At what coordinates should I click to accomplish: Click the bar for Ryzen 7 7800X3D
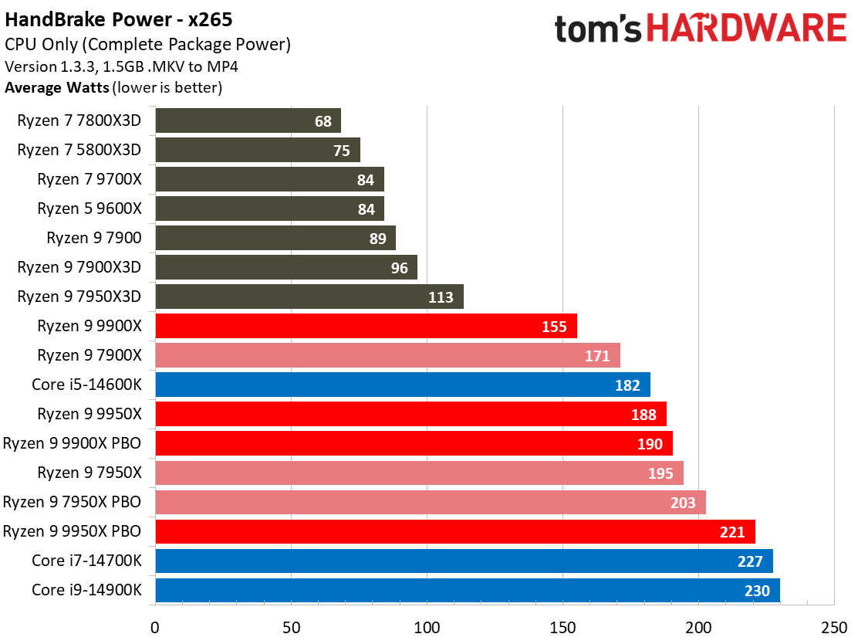pyautogui.click(x=248, y=120)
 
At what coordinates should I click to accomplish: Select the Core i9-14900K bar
pyautogui.click(x=468, y=590)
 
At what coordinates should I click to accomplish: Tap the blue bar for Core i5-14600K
pyautogui.click(x=403, y=385)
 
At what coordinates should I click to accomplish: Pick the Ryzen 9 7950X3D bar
pyautogui.click(x=309, y=297)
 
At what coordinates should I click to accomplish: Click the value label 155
pyautogui.click(x=554, y=327)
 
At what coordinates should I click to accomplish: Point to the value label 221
pyautogui.click(x=732, y=532)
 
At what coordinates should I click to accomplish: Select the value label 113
pyautogui.click(x=441, y=297)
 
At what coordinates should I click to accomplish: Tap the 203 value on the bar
pyautogui.click(x=683, y=503)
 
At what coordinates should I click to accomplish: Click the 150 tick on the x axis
pyautogui.click(x=562, y=627)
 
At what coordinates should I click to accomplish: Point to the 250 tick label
pyautogui.click(x=834, y=627)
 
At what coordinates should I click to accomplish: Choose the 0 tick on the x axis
pyautogui.click(x=156, y=627)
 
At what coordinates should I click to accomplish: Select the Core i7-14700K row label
pyautogui.click(x=86, y=561)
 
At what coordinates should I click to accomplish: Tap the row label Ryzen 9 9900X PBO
pyautogui.click(x=72, y=443)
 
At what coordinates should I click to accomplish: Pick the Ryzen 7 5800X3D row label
pyautogui.click(x=79, y=150)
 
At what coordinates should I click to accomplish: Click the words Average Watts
pyautogui.click(x=56, y=87)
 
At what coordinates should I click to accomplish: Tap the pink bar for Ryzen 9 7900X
pyautogui.click(x=387, y=355)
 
